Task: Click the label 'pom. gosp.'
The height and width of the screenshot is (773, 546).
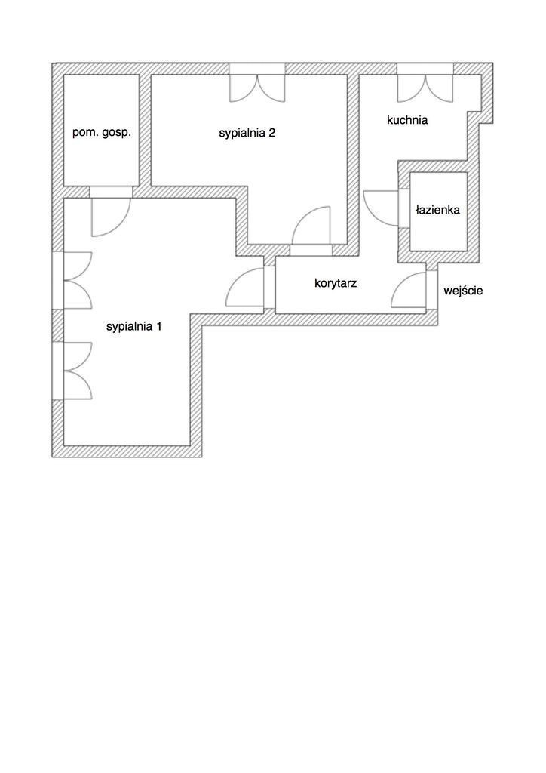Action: click(x=102, y=133)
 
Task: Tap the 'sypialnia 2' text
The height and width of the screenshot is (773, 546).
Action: click(x=247, y=133)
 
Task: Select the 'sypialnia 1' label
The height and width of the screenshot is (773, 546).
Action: click(x=134, y=326)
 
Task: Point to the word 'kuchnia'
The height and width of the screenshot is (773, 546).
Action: click(x=407, y=120)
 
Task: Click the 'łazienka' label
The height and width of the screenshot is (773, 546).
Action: click(x=437, y=210)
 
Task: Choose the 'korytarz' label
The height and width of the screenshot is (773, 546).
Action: click(x=336, y=284)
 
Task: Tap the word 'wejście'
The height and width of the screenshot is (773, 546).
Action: click(x=463, y=291)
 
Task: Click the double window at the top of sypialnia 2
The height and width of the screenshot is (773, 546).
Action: click(x=257, y=89)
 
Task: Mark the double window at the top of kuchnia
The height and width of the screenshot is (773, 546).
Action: click(x=425, y=89)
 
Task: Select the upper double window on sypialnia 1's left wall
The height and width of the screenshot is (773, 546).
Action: click(x=78, y=280)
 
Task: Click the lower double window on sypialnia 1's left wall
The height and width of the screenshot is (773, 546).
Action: click(x=78, y=371)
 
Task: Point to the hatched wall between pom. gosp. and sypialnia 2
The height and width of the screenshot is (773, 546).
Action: click(x=145, y=130)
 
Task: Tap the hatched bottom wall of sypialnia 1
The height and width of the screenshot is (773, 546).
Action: click(x=127, y=451)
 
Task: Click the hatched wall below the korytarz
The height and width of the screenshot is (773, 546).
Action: click(x=320, y=319)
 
